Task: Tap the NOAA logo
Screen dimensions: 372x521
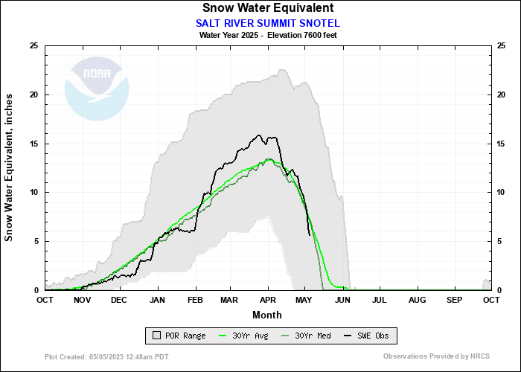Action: [x=97, y=87]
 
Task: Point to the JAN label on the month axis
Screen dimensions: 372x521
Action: [x=157, y=300]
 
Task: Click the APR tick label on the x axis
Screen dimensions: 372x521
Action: [x=268, y=300]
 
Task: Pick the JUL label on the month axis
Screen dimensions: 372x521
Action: [x=380, y=300]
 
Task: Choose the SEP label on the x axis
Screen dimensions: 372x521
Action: [x=454, y=300]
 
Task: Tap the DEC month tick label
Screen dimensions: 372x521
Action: [x=119, y=300]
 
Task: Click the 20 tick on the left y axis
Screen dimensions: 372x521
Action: [x=33, y=94]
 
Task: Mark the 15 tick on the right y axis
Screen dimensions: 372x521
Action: [x=502, y=144]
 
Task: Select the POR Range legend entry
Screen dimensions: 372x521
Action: [x=179, y=336]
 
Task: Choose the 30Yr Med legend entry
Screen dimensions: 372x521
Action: [x=307, y=336]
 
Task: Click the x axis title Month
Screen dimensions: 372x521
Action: [x=267, y=315]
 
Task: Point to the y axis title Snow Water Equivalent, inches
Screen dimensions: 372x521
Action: [x=9, y=167]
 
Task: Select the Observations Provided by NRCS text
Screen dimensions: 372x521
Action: [x=435, y=356]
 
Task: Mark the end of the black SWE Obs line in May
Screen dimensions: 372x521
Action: [x=310, y=235]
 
